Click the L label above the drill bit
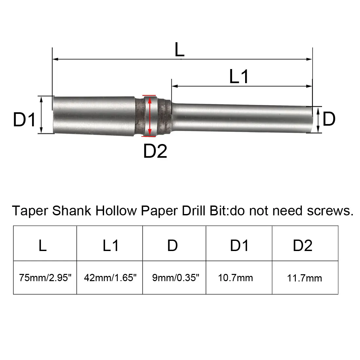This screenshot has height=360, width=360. coord(179,50)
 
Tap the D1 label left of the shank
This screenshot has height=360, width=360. coord(24,119)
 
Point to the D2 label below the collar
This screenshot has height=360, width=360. coord(155,151)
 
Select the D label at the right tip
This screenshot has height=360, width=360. coord(329,118)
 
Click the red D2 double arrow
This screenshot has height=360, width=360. coord(150,115)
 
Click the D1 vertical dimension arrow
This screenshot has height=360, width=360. coord(41,115)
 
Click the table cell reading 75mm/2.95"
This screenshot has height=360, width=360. coord(45,278)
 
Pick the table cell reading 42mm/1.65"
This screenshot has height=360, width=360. coord(110,278)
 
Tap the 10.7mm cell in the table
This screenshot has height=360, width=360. coord(235,278)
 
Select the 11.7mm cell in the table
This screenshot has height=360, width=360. coord(304,278)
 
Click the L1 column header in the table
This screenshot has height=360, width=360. coord(111,245)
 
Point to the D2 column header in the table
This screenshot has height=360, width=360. coord(303,245)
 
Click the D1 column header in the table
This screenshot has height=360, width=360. coord(239,245)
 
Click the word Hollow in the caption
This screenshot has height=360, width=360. coord(116,211)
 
